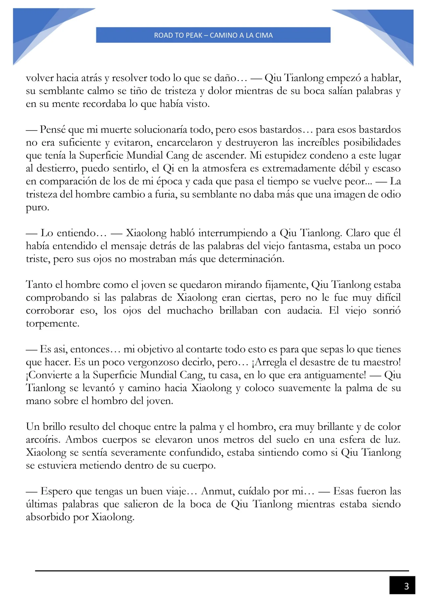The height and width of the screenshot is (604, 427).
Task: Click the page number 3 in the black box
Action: pos(406,586)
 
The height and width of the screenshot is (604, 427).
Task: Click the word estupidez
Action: pos(287,156)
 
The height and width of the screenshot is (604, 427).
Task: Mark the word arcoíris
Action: pos(43,439)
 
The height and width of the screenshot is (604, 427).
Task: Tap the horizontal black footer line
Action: pos(222,571)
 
